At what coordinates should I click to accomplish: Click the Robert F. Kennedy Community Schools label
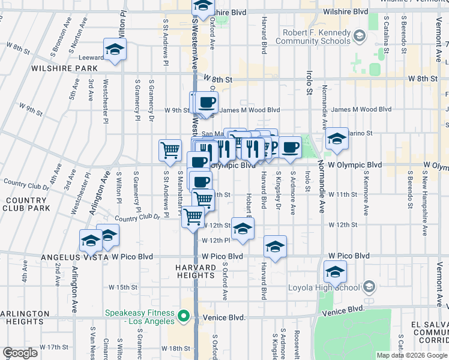point(313,37)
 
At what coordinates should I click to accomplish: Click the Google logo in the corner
point(20,353)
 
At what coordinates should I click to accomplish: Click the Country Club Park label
point(25,204)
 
